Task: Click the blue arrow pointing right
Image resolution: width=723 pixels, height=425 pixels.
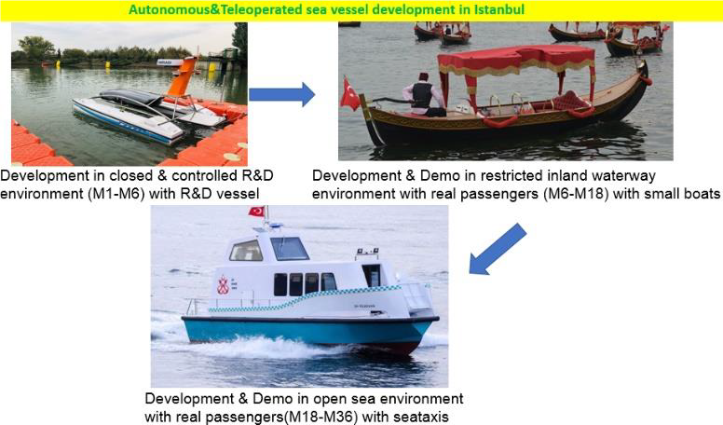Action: pos(281,94)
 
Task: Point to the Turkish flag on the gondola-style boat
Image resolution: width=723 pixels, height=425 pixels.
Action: pos(350,94)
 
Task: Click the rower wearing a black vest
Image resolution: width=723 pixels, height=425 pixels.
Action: pos(423,94)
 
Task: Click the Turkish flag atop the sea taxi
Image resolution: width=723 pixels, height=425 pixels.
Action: pos(257,212)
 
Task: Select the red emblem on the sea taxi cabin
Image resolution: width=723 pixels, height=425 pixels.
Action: pos(224,285)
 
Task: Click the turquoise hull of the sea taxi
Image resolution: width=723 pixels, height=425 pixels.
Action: pos(307,331)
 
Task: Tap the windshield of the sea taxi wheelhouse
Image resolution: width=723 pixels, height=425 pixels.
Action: pos(289,248)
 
